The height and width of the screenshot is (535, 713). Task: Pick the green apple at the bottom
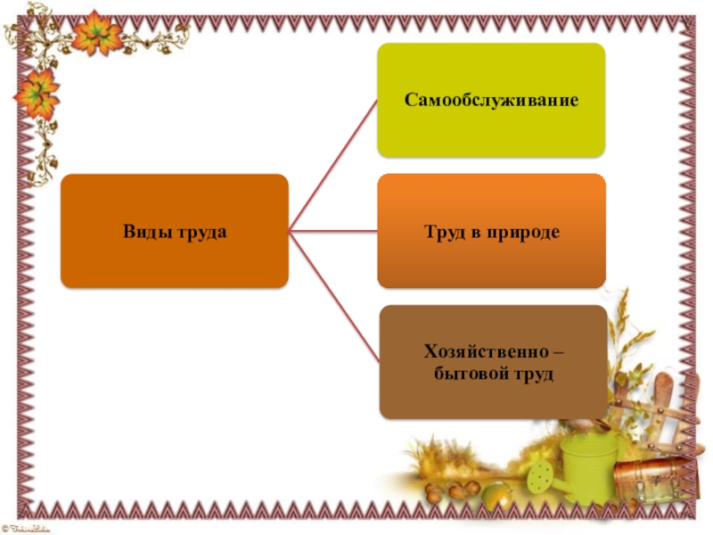[496, 495]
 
